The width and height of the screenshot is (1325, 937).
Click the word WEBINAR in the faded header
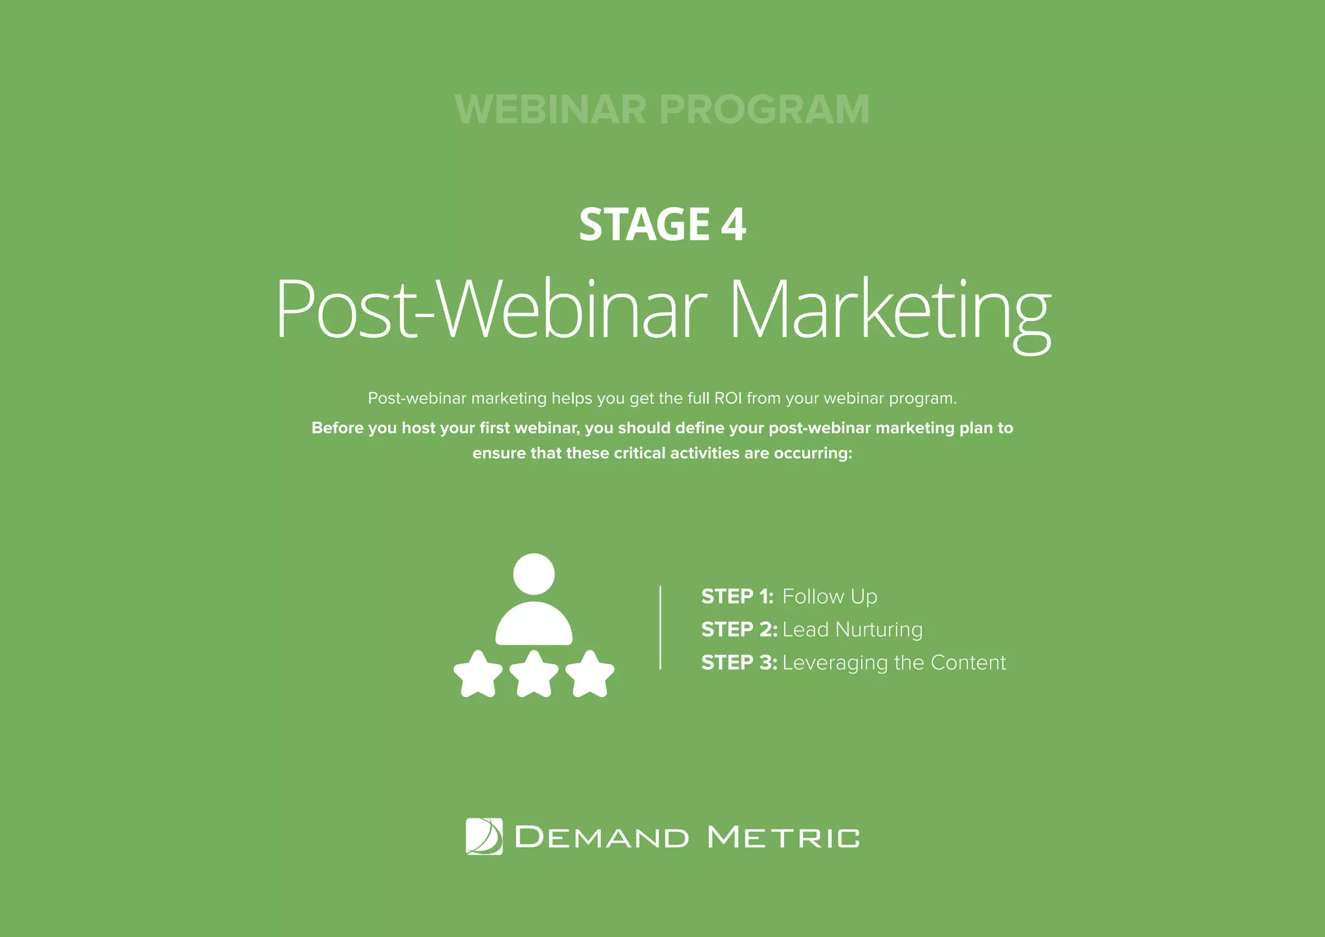point(551,109)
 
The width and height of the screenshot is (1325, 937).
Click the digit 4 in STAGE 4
point(733,225)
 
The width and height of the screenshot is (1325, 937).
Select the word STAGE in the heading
point(644,225)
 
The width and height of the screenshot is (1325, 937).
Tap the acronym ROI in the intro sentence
point(728,398)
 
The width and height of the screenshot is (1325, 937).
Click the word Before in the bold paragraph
point(337,428)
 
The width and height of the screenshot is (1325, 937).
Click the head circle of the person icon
point(534,574)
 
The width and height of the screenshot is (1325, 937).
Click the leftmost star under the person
point(478,674)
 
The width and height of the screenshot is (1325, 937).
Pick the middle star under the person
point(534,674)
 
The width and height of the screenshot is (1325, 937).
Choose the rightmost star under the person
point(589,674)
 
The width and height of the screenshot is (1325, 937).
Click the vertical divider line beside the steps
point(660,628)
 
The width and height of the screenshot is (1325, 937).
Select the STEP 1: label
point(737,597)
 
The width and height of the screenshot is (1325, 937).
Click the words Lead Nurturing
point(852,630)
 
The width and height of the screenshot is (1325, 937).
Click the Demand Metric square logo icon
point(484,837)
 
